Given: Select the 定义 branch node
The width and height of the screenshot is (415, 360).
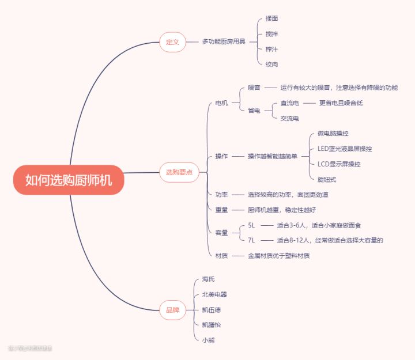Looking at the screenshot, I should pos(172,42).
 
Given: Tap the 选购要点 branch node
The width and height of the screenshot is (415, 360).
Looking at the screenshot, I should pos(179,172).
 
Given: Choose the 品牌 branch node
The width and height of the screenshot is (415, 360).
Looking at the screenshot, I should pos(172,310).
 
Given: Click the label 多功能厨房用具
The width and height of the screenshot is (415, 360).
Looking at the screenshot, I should pos(224,42).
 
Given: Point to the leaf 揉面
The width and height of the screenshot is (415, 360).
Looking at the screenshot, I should pos(271,19).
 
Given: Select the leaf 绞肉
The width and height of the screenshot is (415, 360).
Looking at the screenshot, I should pos(271,65).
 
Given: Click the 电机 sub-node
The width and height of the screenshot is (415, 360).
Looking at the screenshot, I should pos(221,103).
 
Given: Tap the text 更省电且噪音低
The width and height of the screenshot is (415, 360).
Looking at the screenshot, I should pos(341,103).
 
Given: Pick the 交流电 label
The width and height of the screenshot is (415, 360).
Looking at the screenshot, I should pos(289,118).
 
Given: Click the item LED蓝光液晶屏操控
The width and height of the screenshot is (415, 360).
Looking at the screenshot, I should pos(345,149).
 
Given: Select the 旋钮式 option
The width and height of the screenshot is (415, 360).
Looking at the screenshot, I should pos(327,179).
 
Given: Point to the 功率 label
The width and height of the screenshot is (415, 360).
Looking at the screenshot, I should pos(221,195).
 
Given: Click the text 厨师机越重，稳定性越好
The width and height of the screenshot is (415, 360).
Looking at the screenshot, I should pos(282,210).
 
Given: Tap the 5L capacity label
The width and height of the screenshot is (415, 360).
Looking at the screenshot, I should pos(251,225).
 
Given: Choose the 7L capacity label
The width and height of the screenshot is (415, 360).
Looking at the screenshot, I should pos(251,240).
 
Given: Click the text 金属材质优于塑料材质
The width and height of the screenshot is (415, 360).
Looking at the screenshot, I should pos(279,256).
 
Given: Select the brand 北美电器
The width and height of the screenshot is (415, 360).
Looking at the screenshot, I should pos(214,294).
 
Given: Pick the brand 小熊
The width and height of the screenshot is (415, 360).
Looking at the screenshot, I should pos(208,340).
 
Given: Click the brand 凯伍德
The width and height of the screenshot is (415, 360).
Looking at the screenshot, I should pos(211,310).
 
